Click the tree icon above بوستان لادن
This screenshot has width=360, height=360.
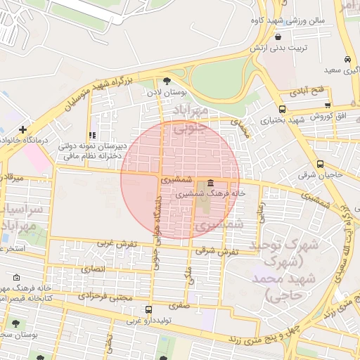tap(167, 82)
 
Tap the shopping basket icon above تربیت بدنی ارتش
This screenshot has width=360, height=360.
tap(279, 37)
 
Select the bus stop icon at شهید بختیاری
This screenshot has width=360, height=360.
tap(283, 109)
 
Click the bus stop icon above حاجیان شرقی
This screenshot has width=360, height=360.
tap(321, 164)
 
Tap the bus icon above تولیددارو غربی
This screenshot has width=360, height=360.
tap(148, 310)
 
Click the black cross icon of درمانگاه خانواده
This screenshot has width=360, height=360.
tap(23, 130)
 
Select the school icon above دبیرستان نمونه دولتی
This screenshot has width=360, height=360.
tap(91, 135)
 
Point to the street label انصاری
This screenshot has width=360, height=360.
tap(92, 269)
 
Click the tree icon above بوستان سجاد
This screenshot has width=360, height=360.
tap(15, 323)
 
